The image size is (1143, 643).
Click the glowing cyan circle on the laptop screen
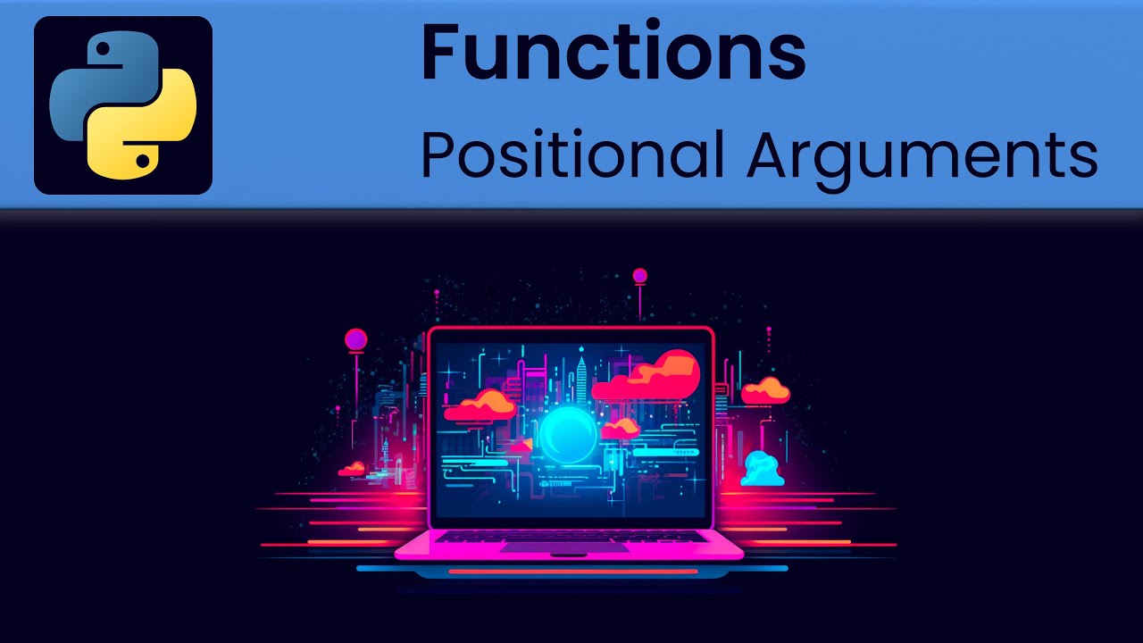tap(568, 435)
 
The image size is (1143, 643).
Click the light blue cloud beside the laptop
tap(762, 469)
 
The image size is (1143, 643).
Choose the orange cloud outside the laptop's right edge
tap(766, 390)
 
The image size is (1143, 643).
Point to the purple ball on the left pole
tap(356, 339)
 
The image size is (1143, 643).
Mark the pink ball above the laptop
tap(639, 276)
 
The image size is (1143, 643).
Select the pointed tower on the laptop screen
tap(581, 375)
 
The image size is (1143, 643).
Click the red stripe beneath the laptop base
tap(572, 571)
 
